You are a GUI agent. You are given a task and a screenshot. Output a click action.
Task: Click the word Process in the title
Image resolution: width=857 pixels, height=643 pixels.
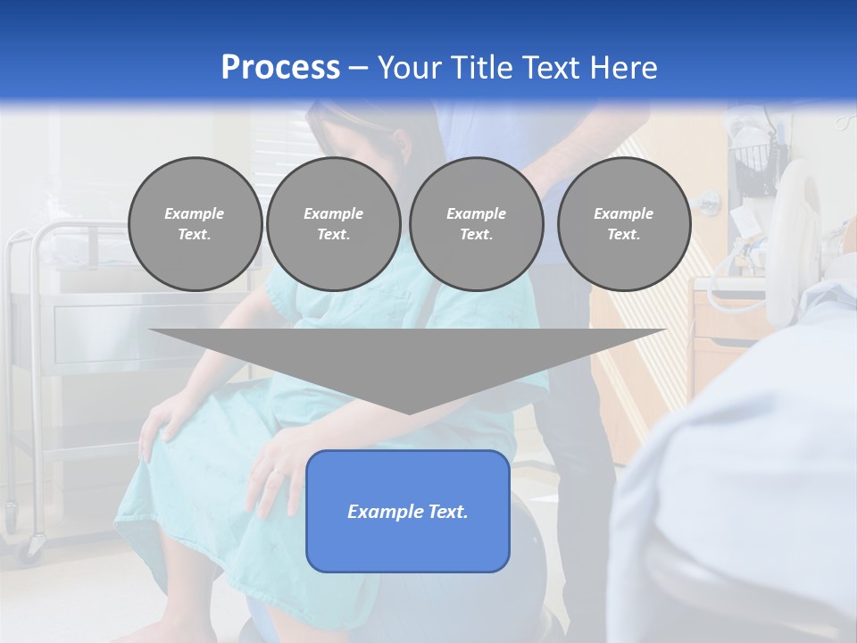tap(280, 68)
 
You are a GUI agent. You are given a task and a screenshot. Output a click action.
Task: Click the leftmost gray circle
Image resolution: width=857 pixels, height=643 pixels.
tap(195, 224)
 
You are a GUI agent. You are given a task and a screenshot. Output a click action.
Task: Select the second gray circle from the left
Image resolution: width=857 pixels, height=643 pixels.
tap(333, 224)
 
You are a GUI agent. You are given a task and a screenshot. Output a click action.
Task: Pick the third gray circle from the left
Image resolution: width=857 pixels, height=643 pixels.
tap(476, 224)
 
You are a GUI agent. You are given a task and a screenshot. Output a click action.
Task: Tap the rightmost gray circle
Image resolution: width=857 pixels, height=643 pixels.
tap(623, 224)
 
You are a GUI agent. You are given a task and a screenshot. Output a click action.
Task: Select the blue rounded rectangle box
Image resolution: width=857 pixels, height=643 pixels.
tap(408, 545)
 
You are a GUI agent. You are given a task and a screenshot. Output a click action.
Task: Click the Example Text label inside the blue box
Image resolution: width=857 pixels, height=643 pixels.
tap(408, 512)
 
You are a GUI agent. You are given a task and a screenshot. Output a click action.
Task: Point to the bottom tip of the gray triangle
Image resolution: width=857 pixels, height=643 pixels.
tap(408, 413)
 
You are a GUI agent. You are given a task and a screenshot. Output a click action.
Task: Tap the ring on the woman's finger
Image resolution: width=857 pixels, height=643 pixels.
tap(279, 471)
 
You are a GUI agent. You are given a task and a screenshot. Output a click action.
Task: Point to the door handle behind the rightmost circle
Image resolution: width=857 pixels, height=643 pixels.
tap(706, 198)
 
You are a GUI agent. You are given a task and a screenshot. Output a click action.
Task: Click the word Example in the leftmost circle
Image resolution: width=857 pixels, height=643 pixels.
tap(195, 213)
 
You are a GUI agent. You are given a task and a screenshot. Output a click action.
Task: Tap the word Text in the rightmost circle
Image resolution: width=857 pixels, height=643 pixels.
tap(623, 235)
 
